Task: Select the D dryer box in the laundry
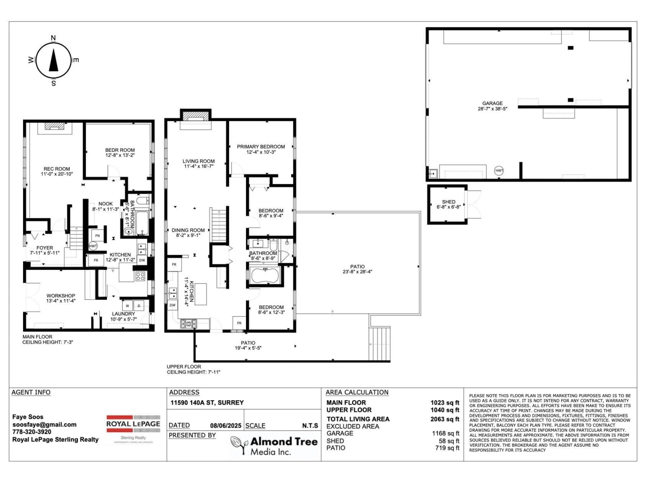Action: (139, 306)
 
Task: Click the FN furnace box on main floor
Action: (97, 235)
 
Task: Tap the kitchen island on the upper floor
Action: (201, 294)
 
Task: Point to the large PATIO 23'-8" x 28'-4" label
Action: (357, 269)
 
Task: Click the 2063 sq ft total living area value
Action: (445, 419)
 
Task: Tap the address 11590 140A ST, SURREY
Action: (207, 403)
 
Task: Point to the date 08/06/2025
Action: (226, 426)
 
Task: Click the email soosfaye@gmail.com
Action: (44, 425)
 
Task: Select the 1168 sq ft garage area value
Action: (446, 434)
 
